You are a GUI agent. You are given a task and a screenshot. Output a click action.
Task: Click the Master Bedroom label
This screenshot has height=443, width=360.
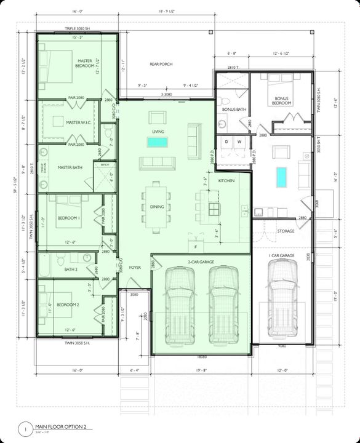(84, 63)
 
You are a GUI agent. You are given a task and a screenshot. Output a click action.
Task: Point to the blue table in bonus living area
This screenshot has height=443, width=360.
(282, 177)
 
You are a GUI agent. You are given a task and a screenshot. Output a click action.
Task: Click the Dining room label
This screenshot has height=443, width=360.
(157, 207)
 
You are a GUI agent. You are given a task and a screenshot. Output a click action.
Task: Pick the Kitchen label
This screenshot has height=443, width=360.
(226, 181)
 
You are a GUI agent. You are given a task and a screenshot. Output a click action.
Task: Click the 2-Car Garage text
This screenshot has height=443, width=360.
(201, 262)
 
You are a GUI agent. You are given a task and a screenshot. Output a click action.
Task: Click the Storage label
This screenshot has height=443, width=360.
(286, 231)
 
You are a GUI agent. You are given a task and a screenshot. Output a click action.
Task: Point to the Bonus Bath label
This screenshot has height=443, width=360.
(234, 110)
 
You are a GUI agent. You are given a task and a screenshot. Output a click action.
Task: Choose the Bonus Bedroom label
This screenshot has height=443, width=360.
(281, 101)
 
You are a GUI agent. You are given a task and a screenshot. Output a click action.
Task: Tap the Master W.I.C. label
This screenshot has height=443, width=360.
(78, 122)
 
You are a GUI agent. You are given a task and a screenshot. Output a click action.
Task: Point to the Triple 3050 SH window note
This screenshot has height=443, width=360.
(78, 29)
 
